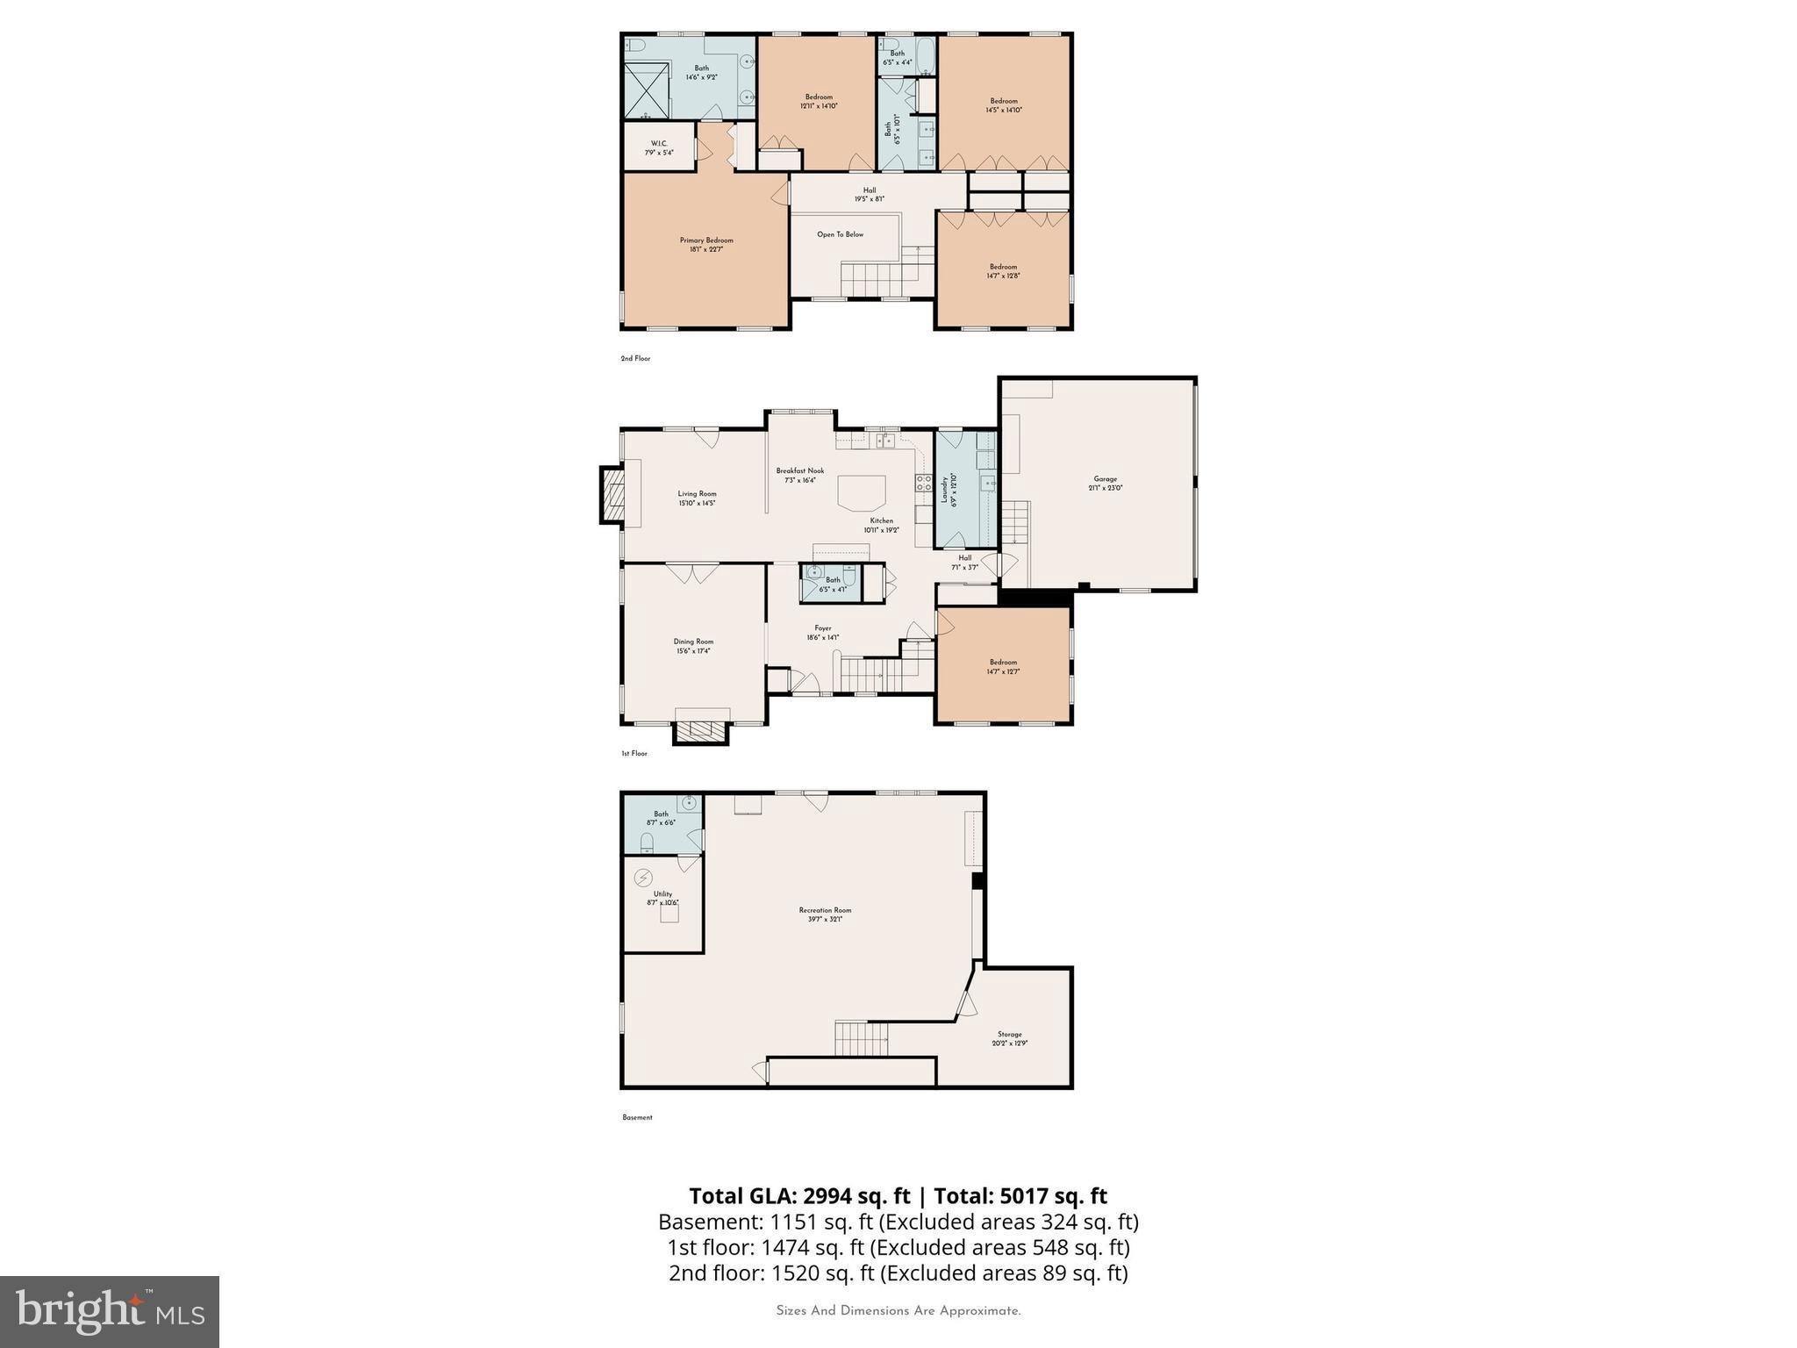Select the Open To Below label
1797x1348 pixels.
840,234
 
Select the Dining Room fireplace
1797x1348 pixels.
700,730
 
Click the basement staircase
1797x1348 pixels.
861,1039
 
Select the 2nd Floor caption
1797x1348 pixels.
635,358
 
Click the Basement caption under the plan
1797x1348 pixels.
637,1117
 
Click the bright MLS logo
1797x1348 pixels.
110,1312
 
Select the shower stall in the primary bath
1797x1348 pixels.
647,90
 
